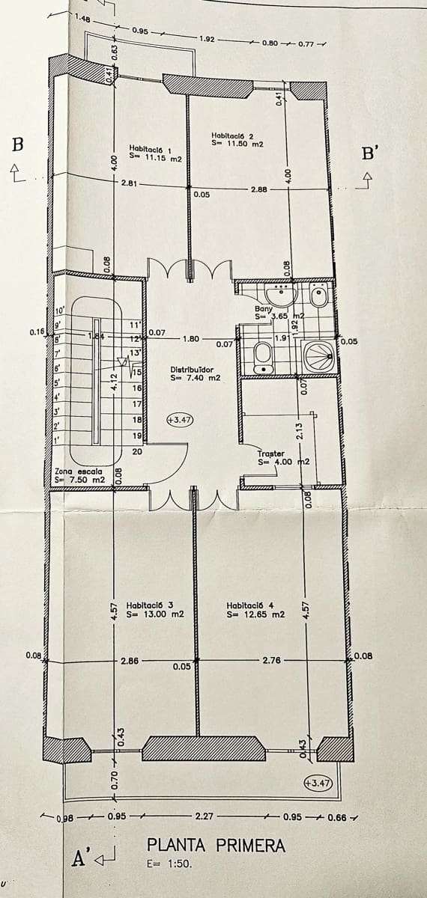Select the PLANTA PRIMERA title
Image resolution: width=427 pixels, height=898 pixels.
click(216, 846)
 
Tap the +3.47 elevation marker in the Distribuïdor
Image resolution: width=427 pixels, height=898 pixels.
click(180, 420)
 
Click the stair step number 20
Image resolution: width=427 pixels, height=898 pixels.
click(137, 451)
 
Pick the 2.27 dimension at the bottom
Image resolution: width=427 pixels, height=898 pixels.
click(205, 816)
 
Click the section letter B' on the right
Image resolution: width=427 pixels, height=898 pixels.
click(370, 155)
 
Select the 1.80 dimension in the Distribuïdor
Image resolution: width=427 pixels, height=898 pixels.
click(190, 339)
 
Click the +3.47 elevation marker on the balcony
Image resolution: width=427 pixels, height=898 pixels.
click(318, 783)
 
